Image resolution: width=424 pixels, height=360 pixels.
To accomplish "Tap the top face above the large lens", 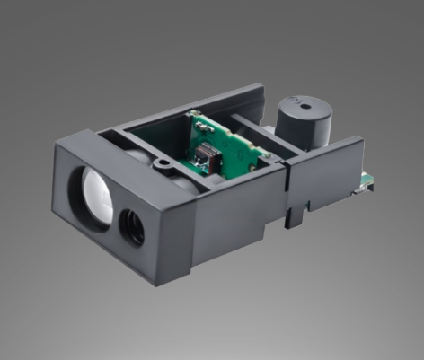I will (103, 147).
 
